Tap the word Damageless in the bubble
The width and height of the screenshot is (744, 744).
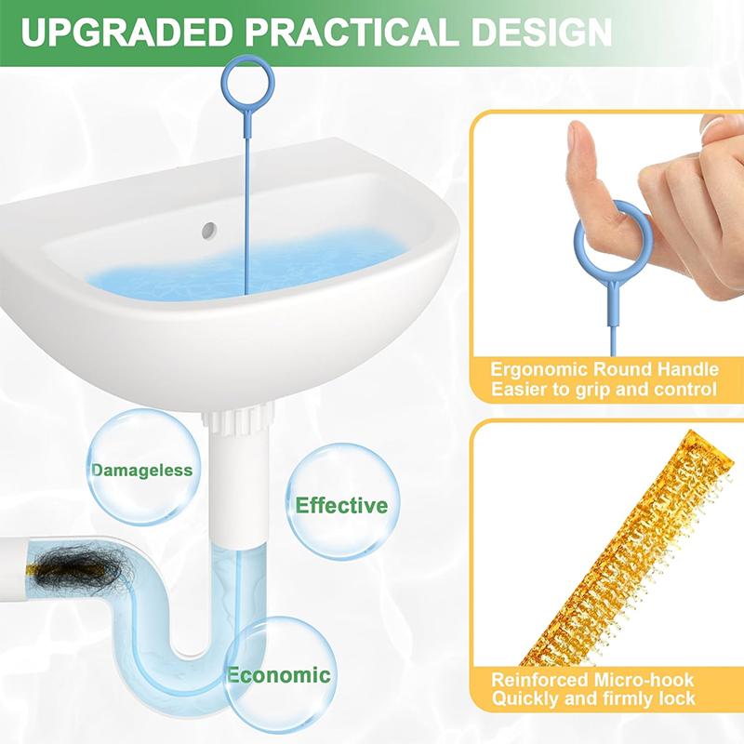pyautogui.click(x=142, y=471)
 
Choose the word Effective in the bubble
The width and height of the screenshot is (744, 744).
pyautogui.click(x=341, y=506)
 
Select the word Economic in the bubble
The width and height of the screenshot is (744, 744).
pyautogui.click(x=278, y=675)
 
